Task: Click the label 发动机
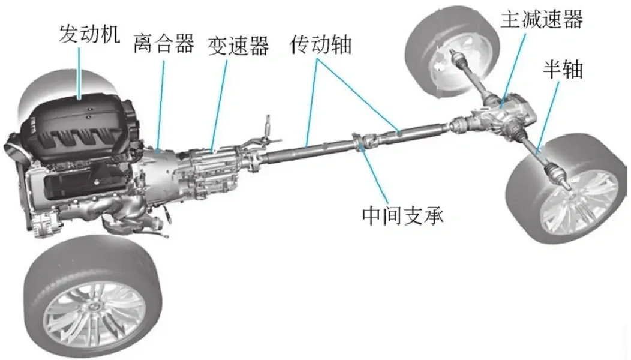coord(89,33)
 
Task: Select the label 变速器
coord(239,44)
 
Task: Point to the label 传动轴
coord(321,44)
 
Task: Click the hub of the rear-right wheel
coord(570,192)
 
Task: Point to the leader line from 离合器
coord(161,102)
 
